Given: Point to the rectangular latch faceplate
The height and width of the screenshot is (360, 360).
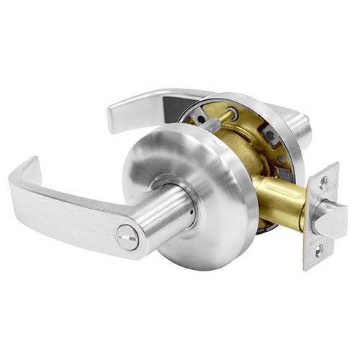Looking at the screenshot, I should (x=320, y=216).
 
